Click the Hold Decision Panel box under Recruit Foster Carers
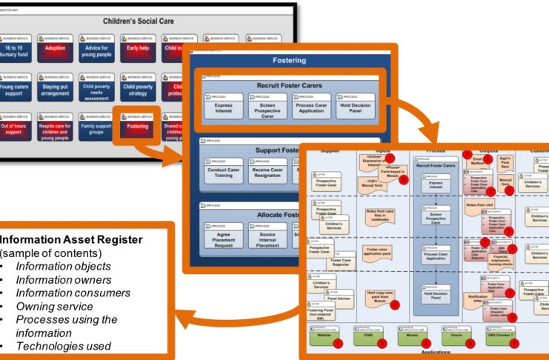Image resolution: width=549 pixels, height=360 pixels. tap(360, 110)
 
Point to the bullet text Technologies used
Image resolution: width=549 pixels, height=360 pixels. tap(66, 345)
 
